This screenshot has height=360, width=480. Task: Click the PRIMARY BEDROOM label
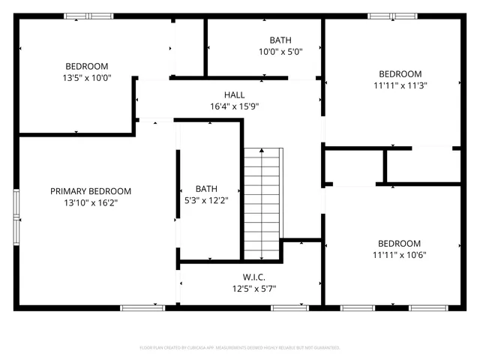coord(91,191)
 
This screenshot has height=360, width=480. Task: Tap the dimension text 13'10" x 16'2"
coord(91,202)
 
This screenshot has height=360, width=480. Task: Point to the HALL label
coord(234,95)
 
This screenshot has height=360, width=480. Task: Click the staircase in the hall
coord(263,202)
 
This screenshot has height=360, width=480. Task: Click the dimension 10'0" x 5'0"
coord(280,52)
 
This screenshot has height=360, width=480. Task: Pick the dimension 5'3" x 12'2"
coord(206,199)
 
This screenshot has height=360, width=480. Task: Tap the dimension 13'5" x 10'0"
coord(86,76)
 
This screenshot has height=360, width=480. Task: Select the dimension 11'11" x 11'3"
coord(400,85)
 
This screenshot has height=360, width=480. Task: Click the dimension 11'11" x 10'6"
coord(400,254)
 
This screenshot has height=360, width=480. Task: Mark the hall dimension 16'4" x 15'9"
coord(234,106)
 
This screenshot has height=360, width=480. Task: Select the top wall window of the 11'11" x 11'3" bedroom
coord(392,16)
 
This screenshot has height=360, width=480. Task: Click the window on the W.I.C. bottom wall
coord(289,307)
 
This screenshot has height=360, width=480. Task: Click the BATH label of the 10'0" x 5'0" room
coord(280,40)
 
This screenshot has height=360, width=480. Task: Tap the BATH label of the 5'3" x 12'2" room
coord(206,188)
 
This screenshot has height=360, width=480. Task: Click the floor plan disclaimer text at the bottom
coord(240,348)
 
